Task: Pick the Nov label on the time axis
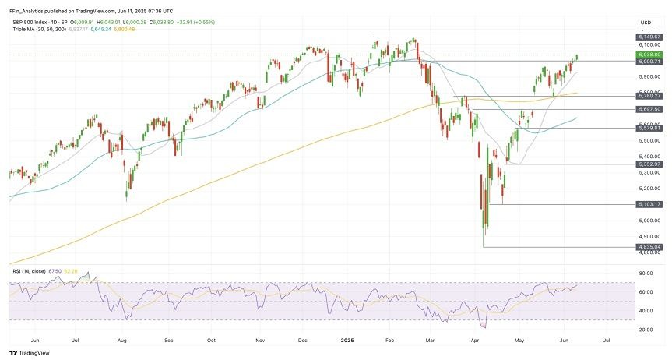point(262,341)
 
